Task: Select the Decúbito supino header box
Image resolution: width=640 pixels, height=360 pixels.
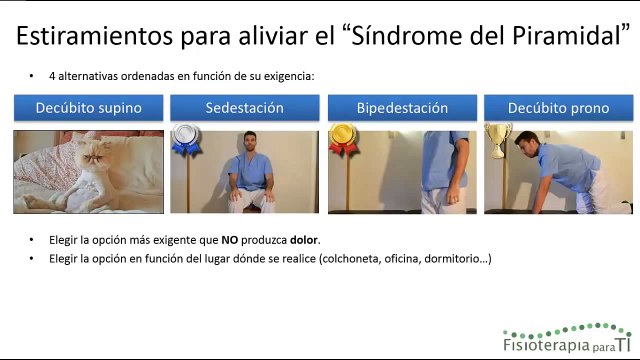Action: click(88, 108)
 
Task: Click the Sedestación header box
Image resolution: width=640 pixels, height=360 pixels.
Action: click(244, 108)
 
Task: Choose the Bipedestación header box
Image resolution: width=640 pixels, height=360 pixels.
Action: click(401, 108)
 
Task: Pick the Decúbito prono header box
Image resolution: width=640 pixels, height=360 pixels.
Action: click(558, 108)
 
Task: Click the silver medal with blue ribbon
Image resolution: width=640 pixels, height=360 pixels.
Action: click(183, 139)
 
